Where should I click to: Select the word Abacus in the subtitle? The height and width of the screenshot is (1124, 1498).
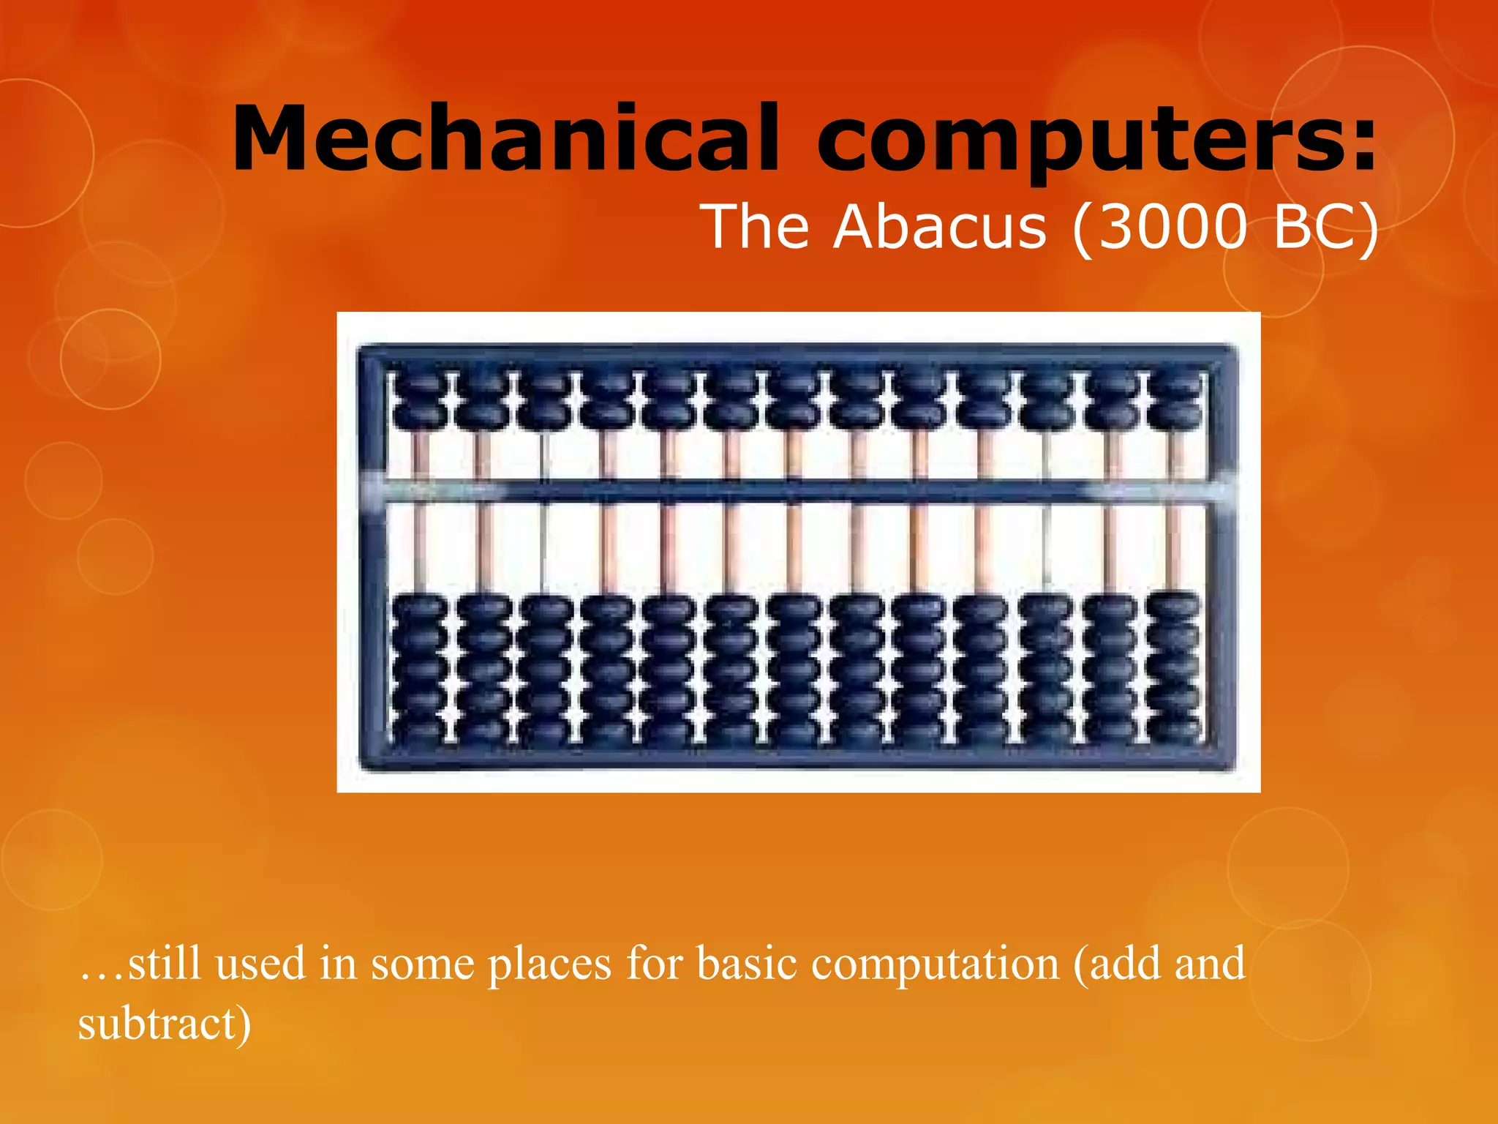(x=940, y=227)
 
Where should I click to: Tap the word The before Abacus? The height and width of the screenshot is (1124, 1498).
(x=757, y=227)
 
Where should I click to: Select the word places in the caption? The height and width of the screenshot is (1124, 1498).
(x=549, y=964)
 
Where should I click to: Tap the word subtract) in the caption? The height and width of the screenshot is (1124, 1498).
(x=165, y=1023)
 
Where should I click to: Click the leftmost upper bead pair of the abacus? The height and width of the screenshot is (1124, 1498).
(x=418, y=402)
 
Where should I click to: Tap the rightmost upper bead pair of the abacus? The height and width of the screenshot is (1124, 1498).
(x=1175, y=402)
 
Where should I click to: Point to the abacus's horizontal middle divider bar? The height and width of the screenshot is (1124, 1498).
(x=797, y=490)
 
